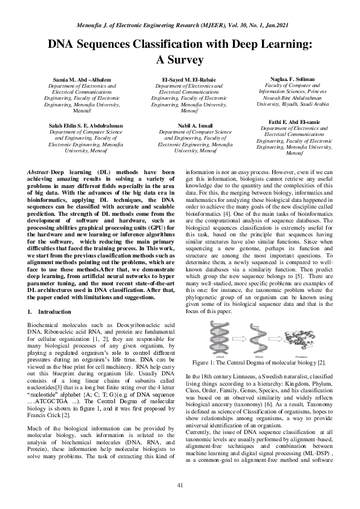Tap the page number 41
click(x=180, y=486)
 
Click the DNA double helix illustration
click(x=219, y=339)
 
